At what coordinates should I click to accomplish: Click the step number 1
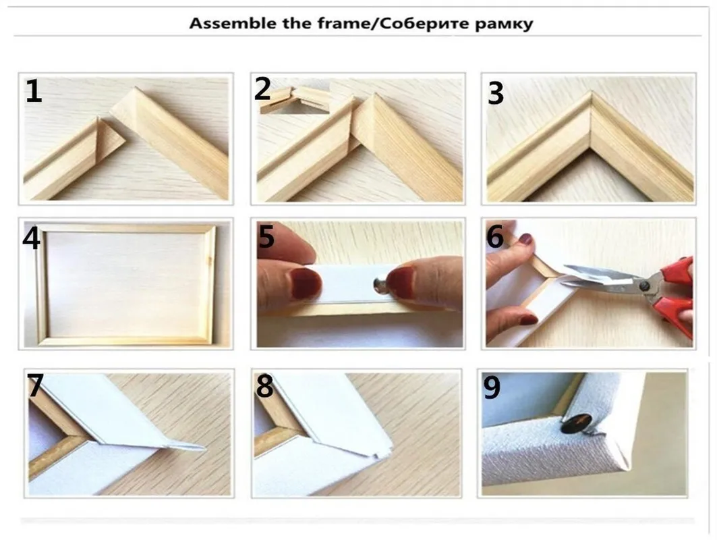pos(34,92)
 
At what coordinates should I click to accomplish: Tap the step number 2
pos(262,88)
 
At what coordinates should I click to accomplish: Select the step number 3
pos(496,94)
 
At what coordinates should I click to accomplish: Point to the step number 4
pos(32,238)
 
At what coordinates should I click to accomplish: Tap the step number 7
pos(35,385)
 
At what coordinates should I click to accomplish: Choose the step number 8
pos(264,385)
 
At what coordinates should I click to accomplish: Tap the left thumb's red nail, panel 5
pos(304,283)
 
